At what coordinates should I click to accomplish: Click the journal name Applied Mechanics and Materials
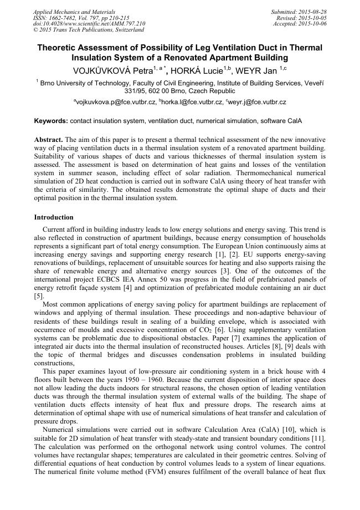click(74, 12)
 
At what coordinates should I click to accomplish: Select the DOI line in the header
click(89, 24)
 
